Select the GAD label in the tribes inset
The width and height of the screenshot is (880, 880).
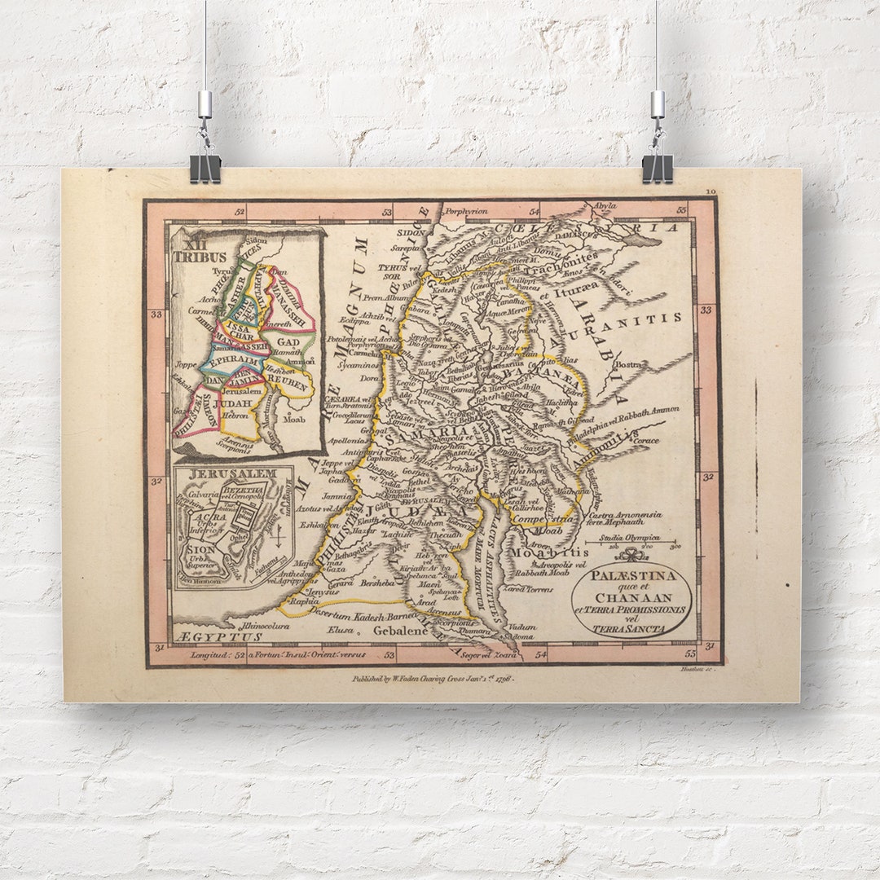coord(289,343)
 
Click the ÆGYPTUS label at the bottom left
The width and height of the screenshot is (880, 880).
coord(218,636)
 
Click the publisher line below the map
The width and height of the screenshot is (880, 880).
coord(433,677)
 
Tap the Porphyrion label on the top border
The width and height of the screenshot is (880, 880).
coord(464,211)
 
